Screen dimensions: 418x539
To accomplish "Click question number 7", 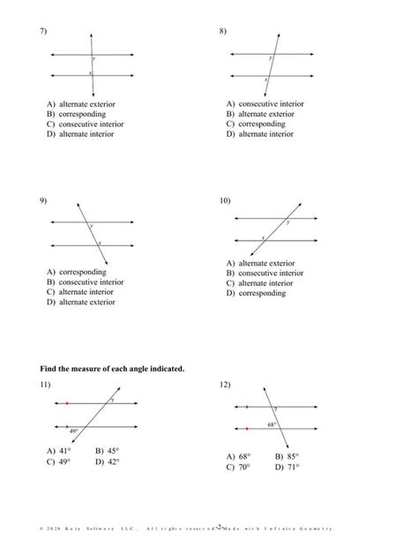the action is [x=43, y=32].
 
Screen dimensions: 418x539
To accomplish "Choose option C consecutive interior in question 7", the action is [x=86, y=124].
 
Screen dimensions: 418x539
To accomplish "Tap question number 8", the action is [x=223, y=32].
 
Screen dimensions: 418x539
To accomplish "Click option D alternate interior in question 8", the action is [x=260, y=134].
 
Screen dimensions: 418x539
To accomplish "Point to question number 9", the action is [x=43, y=201].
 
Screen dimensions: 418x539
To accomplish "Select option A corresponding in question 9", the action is [x=76, y=273].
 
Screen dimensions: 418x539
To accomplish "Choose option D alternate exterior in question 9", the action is [x=81, y=302].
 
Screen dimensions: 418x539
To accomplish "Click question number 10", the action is [x=225, y=201].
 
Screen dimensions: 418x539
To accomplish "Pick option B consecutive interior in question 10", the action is [x=265, y=273].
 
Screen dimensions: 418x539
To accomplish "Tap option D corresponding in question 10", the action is [x=256, y=293].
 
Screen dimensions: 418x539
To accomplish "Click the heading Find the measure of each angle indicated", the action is [x=112, y=368].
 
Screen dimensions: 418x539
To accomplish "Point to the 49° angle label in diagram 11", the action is [x=74, y=430].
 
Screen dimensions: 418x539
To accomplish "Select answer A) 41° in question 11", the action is [x=58, y=450].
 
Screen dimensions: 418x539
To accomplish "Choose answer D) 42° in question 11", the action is [x=107, y=460].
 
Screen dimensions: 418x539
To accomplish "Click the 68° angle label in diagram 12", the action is [x=272, y=423].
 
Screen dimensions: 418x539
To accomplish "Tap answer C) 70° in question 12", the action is [x=238, y=467].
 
